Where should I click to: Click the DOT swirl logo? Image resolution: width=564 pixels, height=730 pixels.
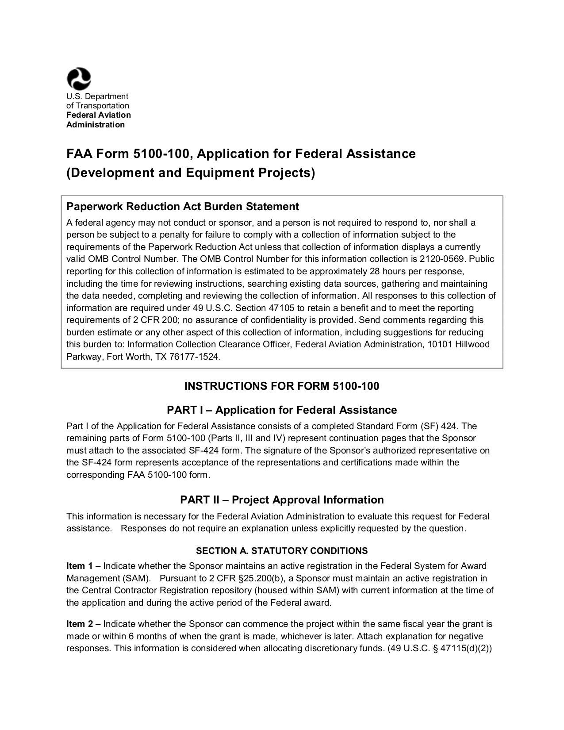click(x=79, y=79)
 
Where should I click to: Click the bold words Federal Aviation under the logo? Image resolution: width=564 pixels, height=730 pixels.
click(x=98, y=115)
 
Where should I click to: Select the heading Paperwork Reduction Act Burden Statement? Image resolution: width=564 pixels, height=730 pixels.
click(x=182, y=207)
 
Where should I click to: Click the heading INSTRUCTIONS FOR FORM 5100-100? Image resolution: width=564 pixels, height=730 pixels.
click(x=281, y=386)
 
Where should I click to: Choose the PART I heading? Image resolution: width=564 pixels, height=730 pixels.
click(x=281, y=410)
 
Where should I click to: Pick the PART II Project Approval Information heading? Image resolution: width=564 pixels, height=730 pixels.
click(x=281, y=500)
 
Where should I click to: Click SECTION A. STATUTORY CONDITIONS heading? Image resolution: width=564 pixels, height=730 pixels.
click(x=281, y=551)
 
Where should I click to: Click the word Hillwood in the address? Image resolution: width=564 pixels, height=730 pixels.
click(x=472, y=344)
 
